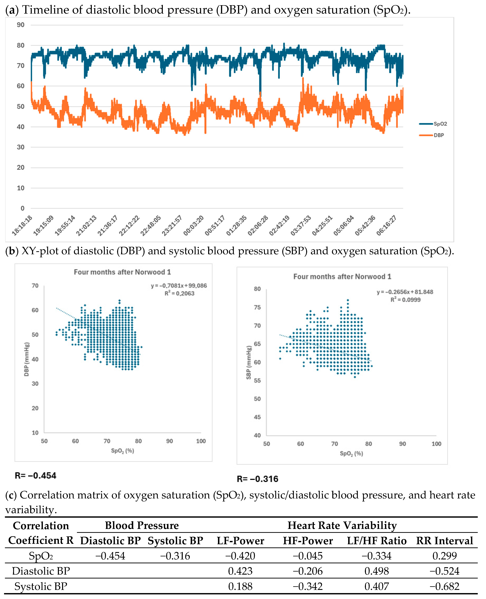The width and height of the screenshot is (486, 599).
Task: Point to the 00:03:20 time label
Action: click(x=194, y=226)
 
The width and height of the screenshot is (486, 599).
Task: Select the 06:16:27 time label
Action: click(x=386, y=226)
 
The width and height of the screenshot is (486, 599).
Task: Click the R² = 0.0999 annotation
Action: click(x=405, y=300)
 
